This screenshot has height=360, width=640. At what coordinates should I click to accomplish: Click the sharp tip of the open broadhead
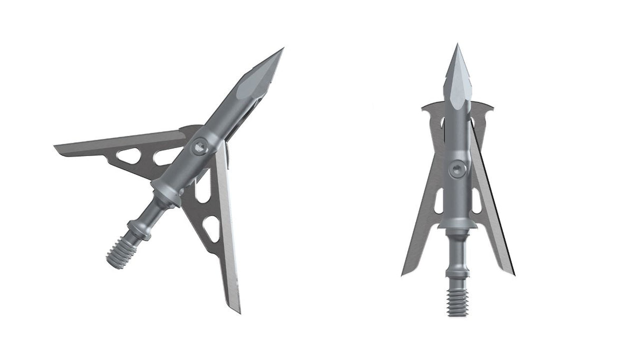coord(283,48)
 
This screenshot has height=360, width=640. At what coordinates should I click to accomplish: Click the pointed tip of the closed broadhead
coord(457,45)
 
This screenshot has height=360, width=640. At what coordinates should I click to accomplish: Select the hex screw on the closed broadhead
coord(457,169)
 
